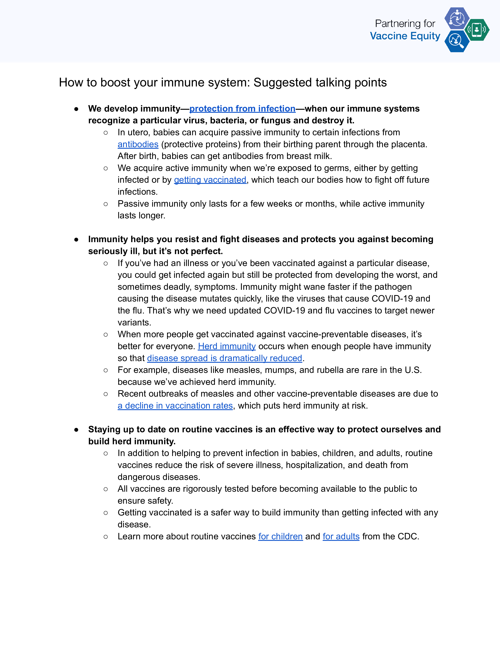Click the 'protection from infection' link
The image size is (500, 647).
pos(242,109)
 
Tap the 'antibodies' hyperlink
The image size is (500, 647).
pos(138,144)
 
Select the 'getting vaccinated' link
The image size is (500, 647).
pos(210,180)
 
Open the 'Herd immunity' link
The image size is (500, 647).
pos(227,346)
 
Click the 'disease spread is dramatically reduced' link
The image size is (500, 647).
pos(225,358)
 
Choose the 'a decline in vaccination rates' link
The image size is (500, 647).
pos(175,406)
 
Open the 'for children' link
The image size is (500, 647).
pos(280,536)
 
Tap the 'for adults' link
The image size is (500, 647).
pos(341,536)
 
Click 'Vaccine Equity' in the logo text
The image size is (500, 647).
pos(405,36)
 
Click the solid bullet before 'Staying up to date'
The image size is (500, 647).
pos(76,430)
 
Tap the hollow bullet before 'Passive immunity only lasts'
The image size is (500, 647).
pos(106,204)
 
